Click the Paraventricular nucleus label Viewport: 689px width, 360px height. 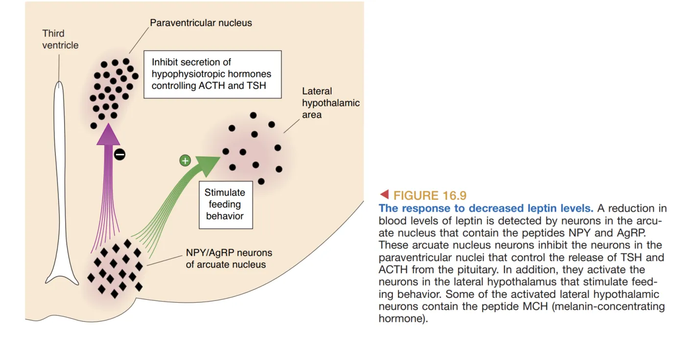click(201, 23)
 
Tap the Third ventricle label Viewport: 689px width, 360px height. click(60, 39)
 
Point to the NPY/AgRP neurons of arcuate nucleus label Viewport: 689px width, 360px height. click(229, 259)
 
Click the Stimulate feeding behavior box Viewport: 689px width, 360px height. click(225, 204)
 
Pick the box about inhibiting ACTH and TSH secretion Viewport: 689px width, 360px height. click(212, 74)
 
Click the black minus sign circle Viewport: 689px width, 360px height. click(119, 155)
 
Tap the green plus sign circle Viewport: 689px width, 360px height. click(185, 161)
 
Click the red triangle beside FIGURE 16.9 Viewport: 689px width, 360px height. click(384, 195)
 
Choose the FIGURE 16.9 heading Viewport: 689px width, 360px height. click(430, 195)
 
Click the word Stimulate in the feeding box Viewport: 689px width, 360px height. click(225, 193)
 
